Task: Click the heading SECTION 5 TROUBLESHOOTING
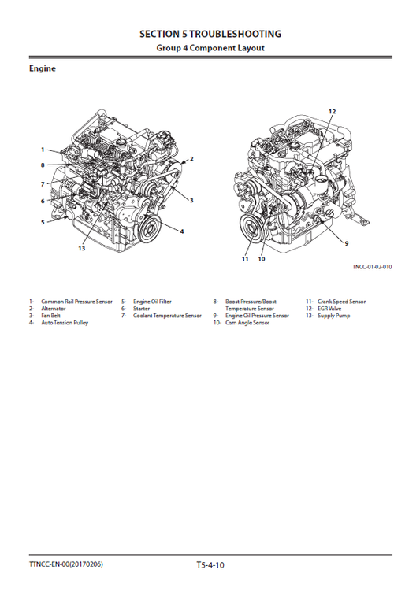pos(210,35)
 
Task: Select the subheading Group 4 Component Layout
pos(210,48)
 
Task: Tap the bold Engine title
pos(43,69)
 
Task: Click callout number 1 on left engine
pos(43,149)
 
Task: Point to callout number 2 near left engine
pos(191,159)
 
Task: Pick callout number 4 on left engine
pos(182,231)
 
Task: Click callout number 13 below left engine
pos(81,248)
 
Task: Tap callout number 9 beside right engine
pos(347,242)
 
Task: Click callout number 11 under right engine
pos(245,257)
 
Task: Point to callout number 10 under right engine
pos(262,257)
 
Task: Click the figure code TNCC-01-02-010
pos(372,267)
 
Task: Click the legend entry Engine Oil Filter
pos(152,302)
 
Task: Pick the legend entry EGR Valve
pos(329,309)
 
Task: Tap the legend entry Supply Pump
pos(333,316)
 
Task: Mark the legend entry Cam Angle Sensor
pos(247,323)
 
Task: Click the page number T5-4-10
pos(210,564)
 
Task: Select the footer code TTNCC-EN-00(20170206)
pos(66,564)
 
